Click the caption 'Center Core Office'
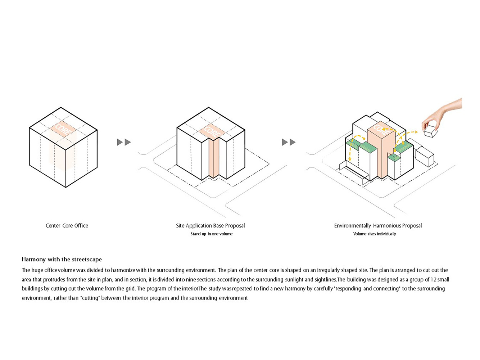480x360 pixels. [x=67, y=225]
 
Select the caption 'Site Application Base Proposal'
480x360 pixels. [x=210, y=226]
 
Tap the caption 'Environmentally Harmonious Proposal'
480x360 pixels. [x=378, y=226]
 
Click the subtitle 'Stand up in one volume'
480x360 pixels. [x=212, y=234]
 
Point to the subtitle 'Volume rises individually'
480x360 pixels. [x=375, y=234]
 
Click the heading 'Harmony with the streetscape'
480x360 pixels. [x=62, y=260]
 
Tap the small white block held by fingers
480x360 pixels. [x=430, y=131]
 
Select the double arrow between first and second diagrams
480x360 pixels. [x=124, y=142]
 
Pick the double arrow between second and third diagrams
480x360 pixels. [x=289, y=142]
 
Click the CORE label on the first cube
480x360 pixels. [x=63, y=130]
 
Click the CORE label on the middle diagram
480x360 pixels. [x=211, y=132]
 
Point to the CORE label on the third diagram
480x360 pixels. [x=381, y=130]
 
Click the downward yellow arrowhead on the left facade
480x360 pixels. [x=350, y=159]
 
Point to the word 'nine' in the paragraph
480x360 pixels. [x=191, y=279]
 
